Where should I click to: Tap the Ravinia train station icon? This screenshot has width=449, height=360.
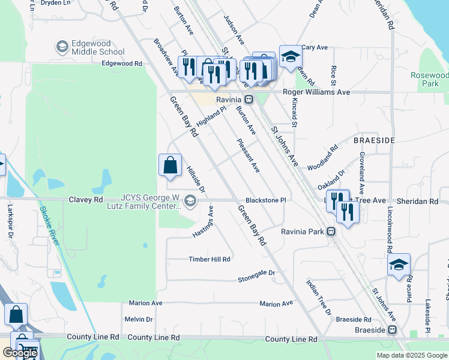click(x=247, y=99)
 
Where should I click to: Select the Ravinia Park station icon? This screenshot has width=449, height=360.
click(x=331, y=231)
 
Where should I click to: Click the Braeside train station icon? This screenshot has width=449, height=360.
click(x=392, y=329)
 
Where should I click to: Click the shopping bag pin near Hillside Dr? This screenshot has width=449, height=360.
click(x=170, y=164)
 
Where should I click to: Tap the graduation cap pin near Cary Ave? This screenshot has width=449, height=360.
click(x=291, y=57)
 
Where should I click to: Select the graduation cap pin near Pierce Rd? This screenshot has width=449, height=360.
click(x=399, y=265)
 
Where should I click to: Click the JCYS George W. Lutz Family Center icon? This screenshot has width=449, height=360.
click(x=191, y=200)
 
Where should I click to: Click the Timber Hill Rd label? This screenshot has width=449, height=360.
click(x=209, y=259)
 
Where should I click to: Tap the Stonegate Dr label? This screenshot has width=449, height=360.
click(x=256, y=276)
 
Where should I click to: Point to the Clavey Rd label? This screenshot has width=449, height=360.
click(x=86, y=199)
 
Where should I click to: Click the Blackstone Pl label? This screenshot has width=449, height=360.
click(x=265, y=200)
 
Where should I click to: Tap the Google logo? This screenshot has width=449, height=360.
click(x=20, y=353)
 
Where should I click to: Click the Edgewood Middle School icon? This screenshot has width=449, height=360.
click(x=62, y=47)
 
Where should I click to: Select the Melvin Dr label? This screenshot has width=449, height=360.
click(x=139, y=319)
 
